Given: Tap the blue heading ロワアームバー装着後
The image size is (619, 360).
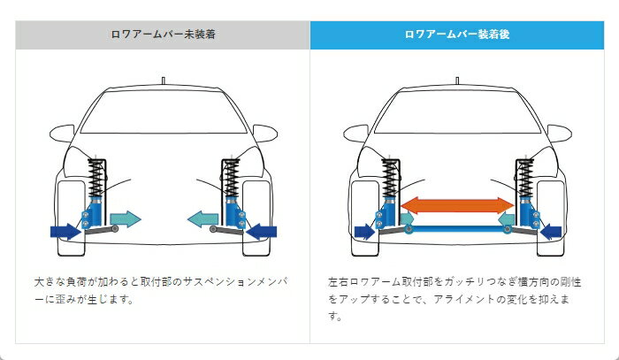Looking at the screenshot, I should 455,35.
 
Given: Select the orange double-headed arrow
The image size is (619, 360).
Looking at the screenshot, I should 457,205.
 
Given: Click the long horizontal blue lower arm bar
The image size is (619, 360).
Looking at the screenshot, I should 457,228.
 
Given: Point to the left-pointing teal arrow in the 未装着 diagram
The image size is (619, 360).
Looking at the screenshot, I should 205,218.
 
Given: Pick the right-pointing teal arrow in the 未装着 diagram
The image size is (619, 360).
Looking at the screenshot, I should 125,218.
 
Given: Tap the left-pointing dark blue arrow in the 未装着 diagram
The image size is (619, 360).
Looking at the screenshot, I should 262,232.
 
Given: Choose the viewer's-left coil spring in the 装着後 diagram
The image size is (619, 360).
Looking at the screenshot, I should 388,180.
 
